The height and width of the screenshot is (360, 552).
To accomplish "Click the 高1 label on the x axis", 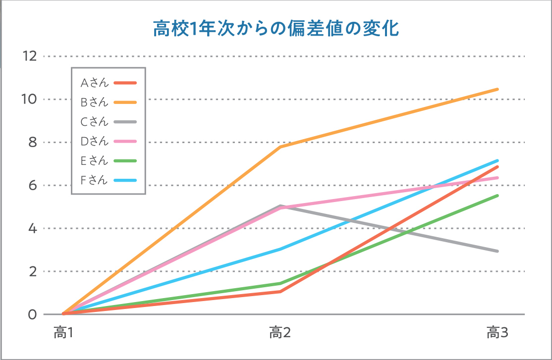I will tap(63, 333).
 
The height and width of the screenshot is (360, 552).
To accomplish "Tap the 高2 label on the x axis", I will tap(279, 333).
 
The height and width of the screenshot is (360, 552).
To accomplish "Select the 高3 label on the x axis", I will tap(497, 333).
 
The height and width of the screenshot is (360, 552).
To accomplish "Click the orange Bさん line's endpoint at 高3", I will tap(497, 89).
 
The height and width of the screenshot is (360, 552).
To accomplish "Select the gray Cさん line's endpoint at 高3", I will tap(497, 251).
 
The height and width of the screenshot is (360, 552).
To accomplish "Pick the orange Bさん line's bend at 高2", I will tap(280, 147).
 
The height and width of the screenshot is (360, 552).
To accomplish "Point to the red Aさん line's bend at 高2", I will tap(280, 292).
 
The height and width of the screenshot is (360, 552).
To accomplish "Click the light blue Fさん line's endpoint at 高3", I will tap(497, 160).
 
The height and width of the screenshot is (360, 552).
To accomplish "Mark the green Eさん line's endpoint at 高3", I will tap(497, 196).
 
